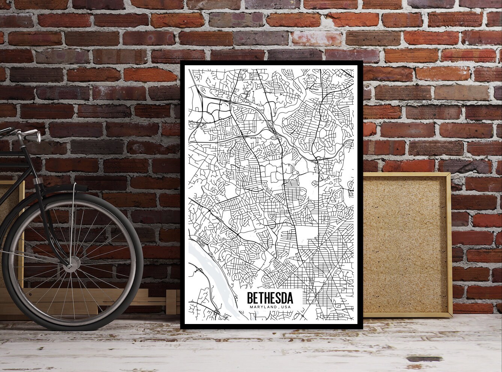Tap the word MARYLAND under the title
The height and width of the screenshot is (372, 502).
tap(262, 307)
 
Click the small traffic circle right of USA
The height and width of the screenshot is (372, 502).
tap(302, 316)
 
